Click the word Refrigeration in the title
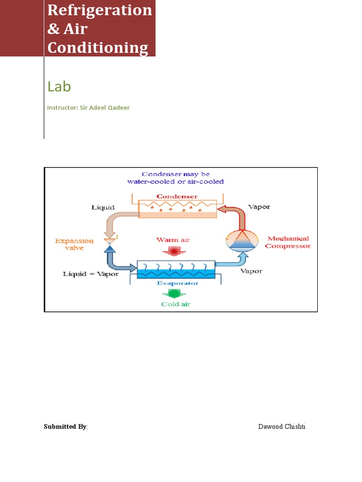point(99,10)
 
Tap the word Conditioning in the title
point(98,48)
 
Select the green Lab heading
point(59,86)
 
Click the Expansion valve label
point(74,244)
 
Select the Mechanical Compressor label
point(288,242)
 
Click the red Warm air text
point(173,240)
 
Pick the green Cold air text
point(176,304)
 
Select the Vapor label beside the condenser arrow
point(259,207)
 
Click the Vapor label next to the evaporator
point(252,271)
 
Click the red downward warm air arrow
point(174,251)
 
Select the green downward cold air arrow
point(175,294)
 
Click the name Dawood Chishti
point(281,427)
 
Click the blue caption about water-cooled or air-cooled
point(175,178)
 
